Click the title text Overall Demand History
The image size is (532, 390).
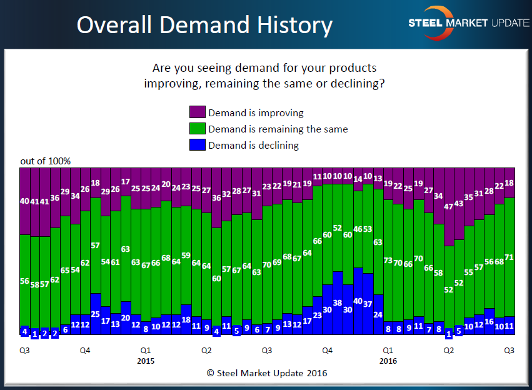(204, 25)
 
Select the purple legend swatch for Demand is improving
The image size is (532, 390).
(198, 112)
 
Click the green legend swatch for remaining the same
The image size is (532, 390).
(198, 129)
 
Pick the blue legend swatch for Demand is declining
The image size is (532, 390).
(198, 145)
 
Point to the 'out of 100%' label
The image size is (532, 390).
(45, 161)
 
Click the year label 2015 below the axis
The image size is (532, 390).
(145, 361)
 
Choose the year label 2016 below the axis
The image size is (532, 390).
(388, 361)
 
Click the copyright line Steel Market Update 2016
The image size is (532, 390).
(267, 373)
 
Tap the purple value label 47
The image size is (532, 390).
(448, 207)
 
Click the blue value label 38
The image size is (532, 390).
(337, 302)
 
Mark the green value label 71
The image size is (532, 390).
(509, 257)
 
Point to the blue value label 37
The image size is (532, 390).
(368, 304)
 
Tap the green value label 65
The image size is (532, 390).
(65, 271)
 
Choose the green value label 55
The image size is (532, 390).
(469, 272)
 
